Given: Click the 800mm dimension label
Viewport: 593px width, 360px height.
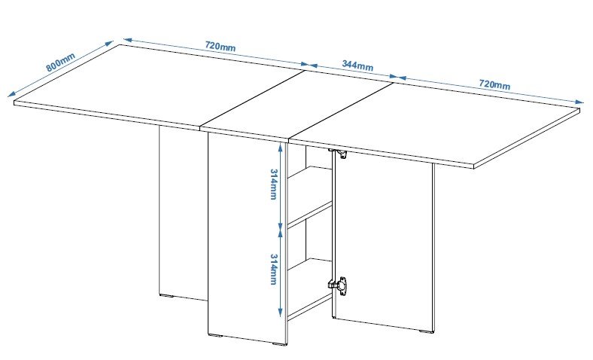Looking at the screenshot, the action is point(60,62).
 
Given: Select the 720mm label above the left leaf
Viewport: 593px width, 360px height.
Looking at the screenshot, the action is point(220,46).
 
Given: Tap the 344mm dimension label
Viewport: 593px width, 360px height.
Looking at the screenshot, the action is point(357,66).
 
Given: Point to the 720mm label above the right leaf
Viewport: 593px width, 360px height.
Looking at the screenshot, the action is point(494,84).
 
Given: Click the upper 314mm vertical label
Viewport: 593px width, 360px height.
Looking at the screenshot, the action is point(273,184).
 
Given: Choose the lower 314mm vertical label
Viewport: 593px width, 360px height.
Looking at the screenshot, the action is point(273,269).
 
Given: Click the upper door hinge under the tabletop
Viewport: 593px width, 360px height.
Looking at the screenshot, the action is point(339,153).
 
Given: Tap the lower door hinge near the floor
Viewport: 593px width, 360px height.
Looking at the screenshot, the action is point(338,285).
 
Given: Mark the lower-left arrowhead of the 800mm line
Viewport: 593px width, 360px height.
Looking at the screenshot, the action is point(12,93).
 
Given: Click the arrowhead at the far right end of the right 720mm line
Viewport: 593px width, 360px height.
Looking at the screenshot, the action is point(579,102).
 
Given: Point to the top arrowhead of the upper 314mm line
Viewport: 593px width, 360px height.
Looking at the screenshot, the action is point(280,148).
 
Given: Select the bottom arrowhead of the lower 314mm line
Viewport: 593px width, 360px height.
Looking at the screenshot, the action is point(280,312).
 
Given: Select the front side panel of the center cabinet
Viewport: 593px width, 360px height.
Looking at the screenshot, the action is point(247,238).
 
